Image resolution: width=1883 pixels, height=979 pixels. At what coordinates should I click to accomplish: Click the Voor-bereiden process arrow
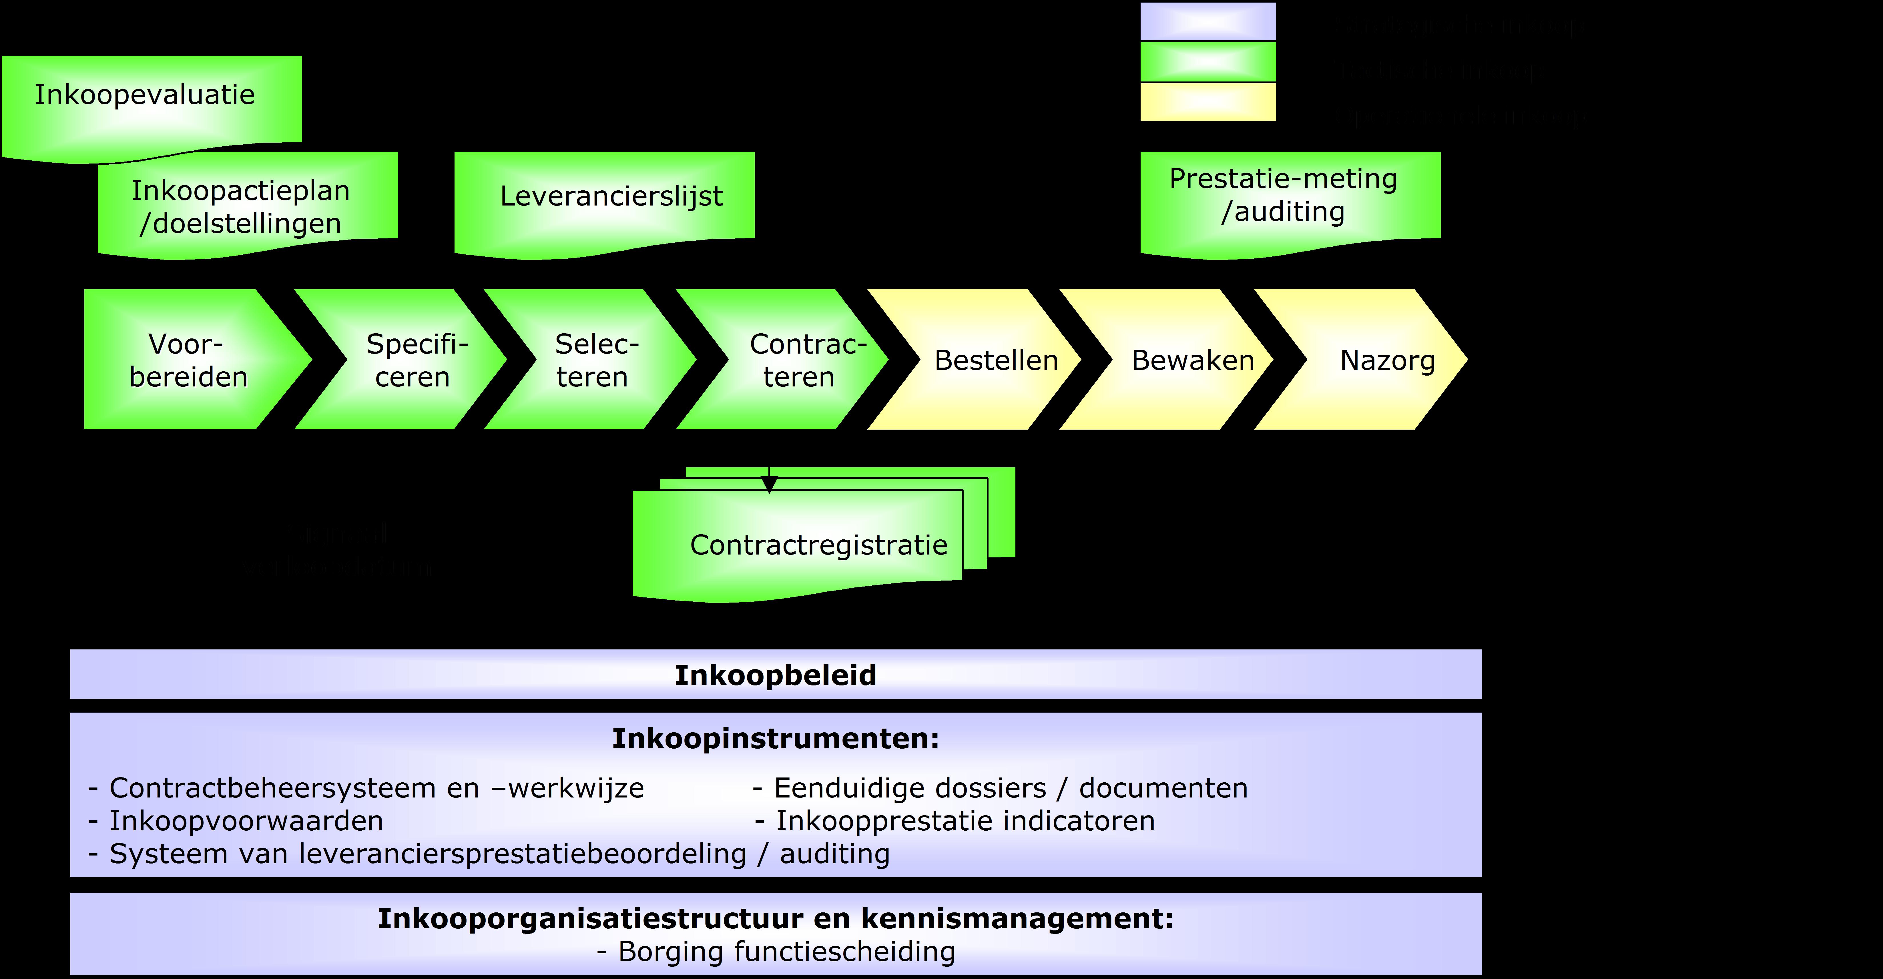point(189,360)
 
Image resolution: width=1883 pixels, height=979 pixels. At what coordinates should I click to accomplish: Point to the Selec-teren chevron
point(596,360)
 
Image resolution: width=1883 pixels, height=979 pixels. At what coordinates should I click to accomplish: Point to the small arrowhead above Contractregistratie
point(769,484)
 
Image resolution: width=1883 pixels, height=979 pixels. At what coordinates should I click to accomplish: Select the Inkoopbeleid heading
point(775,675)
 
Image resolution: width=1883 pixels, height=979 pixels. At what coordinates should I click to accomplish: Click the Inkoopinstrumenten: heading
point(775,738)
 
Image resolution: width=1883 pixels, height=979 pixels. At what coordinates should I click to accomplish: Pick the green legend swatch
point(1207,62)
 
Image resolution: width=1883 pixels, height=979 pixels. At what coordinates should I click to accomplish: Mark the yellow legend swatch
point(1207,102)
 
